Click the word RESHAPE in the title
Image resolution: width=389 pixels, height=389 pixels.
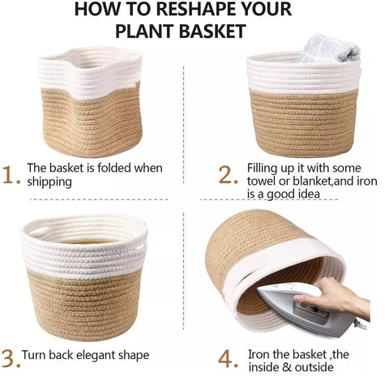[x=203, y=10]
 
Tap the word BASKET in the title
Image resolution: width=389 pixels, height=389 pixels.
[x=212, y=31]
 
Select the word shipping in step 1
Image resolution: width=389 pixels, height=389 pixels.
[x=49, y=182]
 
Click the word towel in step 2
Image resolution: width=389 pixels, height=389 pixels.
[x=262, y=181]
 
